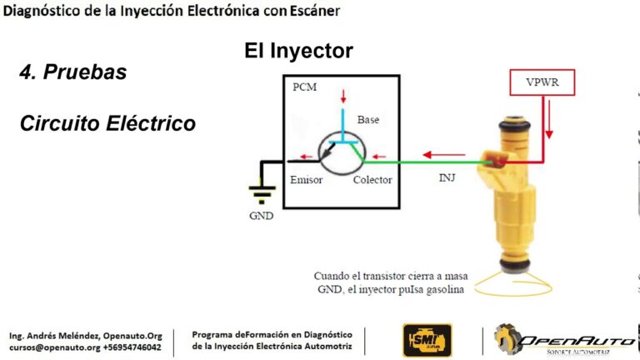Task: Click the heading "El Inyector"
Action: click(x=298, y=51)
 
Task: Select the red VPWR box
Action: click(x=544, y=82)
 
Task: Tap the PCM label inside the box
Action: click(x=304, y=87)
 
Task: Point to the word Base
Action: click(x=367, y=119)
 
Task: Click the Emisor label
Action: click(x=306, y=180)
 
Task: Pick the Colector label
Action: click(x=372, y=180)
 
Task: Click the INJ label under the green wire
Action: click(x=448, y=177)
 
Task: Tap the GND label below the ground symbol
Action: click(x=261, y=214)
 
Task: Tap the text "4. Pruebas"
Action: click(x=73, y=72)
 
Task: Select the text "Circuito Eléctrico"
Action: click(x=107, y=124)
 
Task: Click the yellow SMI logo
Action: click(x=427, y=340)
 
